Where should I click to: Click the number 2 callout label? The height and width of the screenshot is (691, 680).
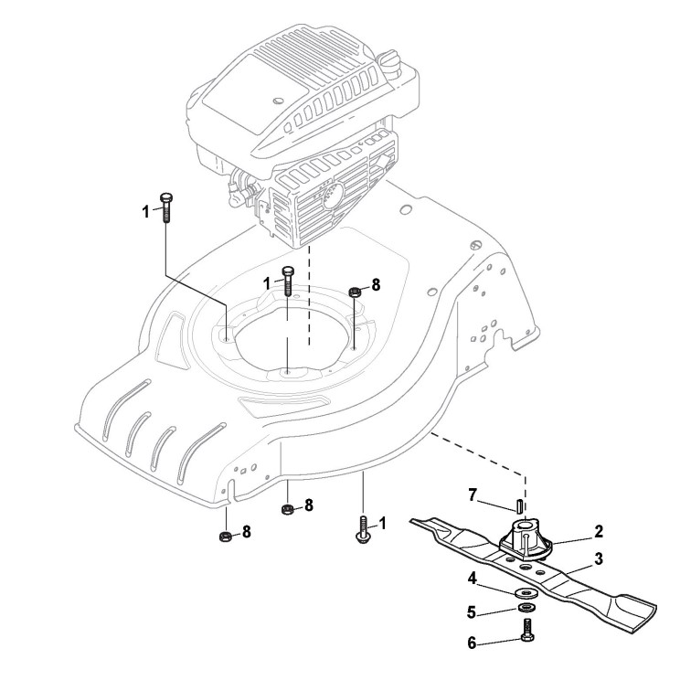(599, 529)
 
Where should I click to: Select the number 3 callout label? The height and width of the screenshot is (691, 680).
(599, 558)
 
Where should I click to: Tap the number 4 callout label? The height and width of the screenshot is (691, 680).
(473, 578)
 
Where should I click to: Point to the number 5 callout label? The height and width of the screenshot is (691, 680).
(473, 611)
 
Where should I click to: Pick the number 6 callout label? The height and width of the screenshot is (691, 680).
(473, 643)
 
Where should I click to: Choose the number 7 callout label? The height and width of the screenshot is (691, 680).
(473, 494)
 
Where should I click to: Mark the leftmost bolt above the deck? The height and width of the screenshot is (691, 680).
(165, 208)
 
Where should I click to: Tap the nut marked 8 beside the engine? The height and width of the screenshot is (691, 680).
(354, 292)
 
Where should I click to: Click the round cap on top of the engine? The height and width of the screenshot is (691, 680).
(390, 63)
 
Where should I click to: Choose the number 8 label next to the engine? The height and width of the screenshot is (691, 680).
(375, 285)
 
